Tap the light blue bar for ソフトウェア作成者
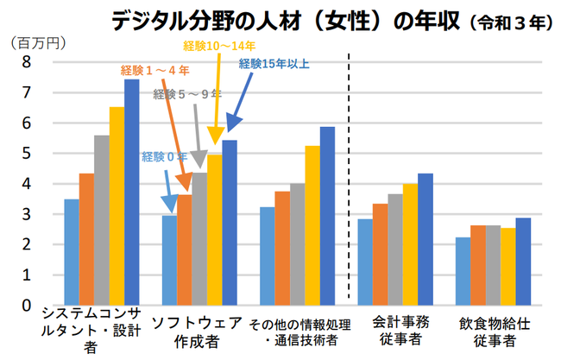pyautogui.click(x=169, y=260)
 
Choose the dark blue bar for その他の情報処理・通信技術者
pyautogui.click(x=327, y=216)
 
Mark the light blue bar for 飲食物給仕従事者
pyautogui.click(x=463, y=271)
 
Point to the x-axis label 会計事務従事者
pyautogui.click(x=394, y=333)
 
